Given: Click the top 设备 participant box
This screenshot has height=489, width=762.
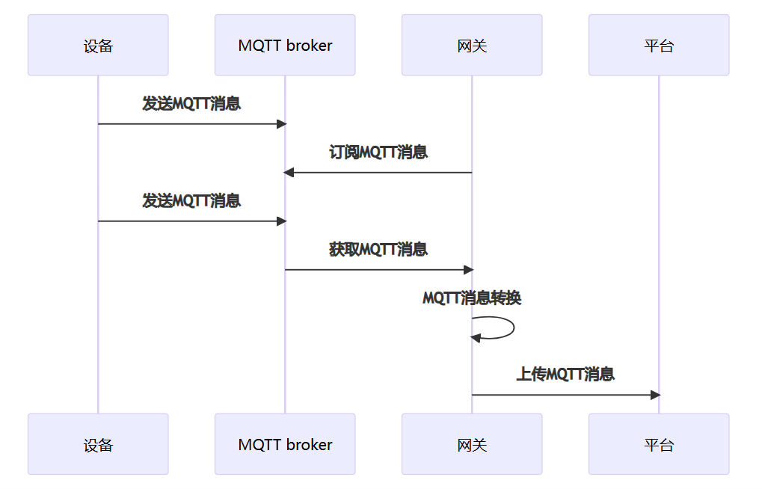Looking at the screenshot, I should click(98, 45).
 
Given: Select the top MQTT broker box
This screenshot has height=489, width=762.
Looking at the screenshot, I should click(285, 45).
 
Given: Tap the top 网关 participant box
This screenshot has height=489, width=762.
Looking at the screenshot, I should click(472, 45).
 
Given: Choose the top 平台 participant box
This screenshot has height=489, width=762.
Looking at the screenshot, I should click(659, 45).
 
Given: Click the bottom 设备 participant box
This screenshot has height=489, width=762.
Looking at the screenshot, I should click(98, 444).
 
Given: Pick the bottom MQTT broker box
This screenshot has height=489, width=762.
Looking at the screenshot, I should click(285, 444).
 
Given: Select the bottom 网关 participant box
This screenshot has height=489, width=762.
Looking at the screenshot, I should click(472, 444).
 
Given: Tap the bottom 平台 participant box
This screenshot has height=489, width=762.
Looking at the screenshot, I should click(659, 444).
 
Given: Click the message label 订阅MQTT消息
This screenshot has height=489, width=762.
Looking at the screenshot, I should click(378, 153).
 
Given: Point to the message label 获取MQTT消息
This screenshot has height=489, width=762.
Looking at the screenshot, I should click(378, 250).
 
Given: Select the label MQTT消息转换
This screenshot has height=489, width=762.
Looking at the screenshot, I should click(472, 298).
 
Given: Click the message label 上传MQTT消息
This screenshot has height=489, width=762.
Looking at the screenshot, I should click(565, 375).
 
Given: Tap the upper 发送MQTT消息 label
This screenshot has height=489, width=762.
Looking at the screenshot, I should click(191, 104).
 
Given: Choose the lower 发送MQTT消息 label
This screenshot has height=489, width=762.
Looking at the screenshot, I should click(191, 201).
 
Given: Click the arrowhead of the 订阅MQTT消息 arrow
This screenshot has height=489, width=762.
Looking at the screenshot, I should click(289, 173).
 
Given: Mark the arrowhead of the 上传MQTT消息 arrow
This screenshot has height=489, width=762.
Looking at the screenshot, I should click(655, 395).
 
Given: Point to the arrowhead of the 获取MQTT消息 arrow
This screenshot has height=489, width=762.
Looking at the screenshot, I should click(468, 269).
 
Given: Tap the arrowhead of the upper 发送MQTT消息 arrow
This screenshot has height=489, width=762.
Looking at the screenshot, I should click(281, 123).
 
